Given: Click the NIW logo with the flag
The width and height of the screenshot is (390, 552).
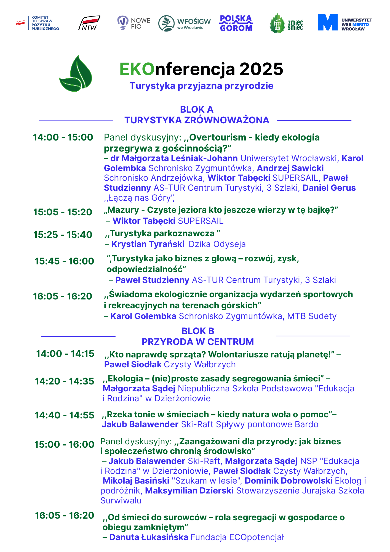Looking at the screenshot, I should pyautogui.click(x=89, y=23).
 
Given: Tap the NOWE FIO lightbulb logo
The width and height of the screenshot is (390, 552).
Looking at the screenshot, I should pyautogui.click(x=133, y=23).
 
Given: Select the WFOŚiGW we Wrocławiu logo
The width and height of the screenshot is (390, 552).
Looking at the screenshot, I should pyautogui.click(x=184, y=23).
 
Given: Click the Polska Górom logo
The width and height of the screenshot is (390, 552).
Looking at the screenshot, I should pyautogui.click(x=236, y=23).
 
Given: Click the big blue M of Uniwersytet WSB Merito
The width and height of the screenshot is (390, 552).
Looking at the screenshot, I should pyautogui.click(x=327, y=22).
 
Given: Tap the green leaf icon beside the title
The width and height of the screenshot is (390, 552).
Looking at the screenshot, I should pyautogui.click(x=76, y=74).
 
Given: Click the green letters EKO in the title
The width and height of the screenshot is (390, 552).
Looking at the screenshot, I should pyautogui.click(x=137, y=69).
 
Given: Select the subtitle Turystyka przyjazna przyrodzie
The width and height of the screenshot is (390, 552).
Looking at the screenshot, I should pyautogui.click(x=201, y=86).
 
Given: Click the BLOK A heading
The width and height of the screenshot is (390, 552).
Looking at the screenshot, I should pyautogui.click(x=197, y=109).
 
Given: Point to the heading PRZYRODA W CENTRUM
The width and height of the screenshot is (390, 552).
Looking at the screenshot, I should pyautogui.click(x=197, y=342).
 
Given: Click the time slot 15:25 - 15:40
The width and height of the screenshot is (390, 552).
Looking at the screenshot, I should pyautogui.click(x=63, y=235).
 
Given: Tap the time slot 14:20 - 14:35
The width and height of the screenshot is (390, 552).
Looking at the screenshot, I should pyautogui.click(x=64, y=381).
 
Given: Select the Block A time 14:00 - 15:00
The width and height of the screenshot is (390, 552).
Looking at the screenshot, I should pyautogui.click(x=63, y=137).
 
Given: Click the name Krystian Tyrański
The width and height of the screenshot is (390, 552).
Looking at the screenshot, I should pyautogui.click(x=148, y=244).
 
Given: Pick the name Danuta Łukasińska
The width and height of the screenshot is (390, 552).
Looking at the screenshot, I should pyautogui.click(x=149, y=537).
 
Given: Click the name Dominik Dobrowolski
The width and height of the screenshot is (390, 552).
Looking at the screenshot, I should pyautogui.click(x=289, y=481).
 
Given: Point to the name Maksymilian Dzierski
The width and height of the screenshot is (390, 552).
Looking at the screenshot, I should pyautogui.click(x=189, y=490).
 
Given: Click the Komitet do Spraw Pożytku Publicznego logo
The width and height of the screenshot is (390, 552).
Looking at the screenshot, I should pyautogui.click(x=38, y=23).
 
